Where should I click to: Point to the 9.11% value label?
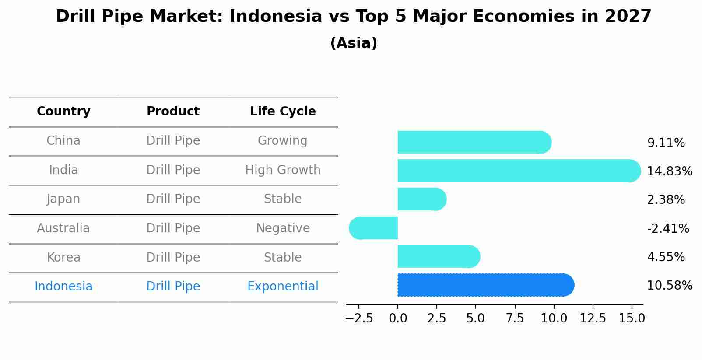666,143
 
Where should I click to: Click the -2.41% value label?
668,228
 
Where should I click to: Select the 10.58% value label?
670,286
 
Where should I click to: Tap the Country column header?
63,112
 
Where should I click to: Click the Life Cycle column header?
283,112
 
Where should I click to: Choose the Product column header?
173,112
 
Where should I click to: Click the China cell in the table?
63,141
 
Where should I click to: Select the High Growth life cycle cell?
283,170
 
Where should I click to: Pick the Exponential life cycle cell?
283,287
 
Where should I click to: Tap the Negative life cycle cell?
283,228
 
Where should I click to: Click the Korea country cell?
63,257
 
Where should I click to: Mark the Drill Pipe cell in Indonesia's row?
173,287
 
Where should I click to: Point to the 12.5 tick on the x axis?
593,318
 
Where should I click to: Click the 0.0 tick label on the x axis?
398,318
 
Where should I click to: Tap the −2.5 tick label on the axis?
359,318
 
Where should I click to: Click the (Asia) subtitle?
354,43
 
